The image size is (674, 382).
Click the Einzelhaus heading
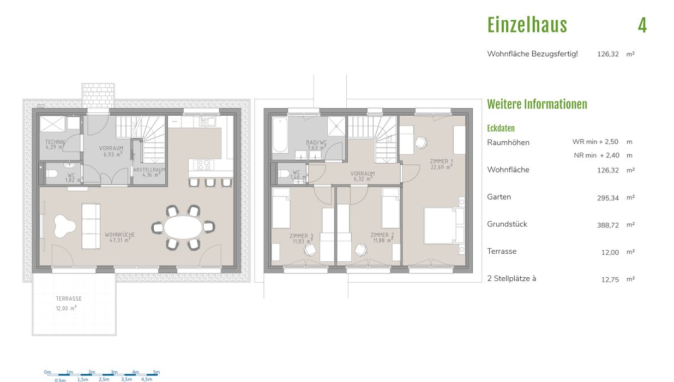[x=527, y=25]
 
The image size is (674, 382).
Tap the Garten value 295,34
[x=608, y=198]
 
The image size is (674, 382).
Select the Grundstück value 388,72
[x=608, y=225]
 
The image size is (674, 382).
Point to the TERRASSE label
[x=69, y=299]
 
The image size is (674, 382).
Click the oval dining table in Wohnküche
[x=183, y=227]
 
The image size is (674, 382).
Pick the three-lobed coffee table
[x=64, y=226]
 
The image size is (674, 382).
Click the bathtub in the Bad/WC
[x=280, y=135]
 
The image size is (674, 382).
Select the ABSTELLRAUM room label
[x=149, y=170]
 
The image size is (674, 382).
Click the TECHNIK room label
[x=55, y=142]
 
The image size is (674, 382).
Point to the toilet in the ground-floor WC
[x=51, y=174]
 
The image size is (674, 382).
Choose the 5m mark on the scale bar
[x=156, y=372]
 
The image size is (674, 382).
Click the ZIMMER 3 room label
[x=301, y=236]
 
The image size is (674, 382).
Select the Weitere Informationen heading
[x=537, y=104]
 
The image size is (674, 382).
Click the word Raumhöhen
[x=508, y=142]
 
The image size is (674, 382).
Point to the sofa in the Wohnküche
[x=91, y=226]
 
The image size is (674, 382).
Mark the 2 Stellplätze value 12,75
[x=610, y=279]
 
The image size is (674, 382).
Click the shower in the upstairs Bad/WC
[x=336, y=127]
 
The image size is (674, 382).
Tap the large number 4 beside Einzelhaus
[x=642, y=25]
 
